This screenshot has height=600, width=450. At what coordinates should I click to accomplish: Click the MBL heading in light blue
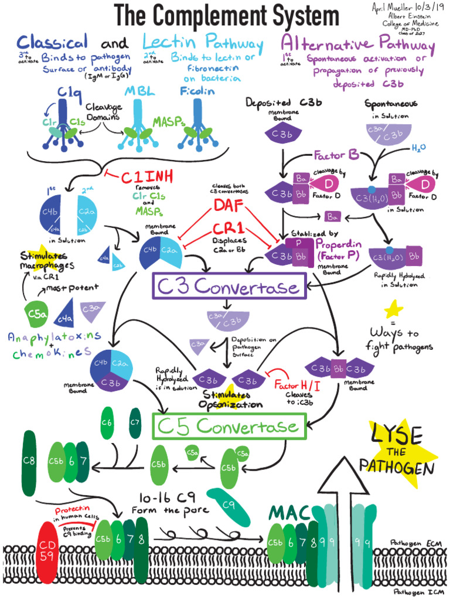pos(138,92)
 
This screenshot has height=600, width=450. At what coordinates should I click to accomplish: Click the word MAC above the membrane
pos(288,513)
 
